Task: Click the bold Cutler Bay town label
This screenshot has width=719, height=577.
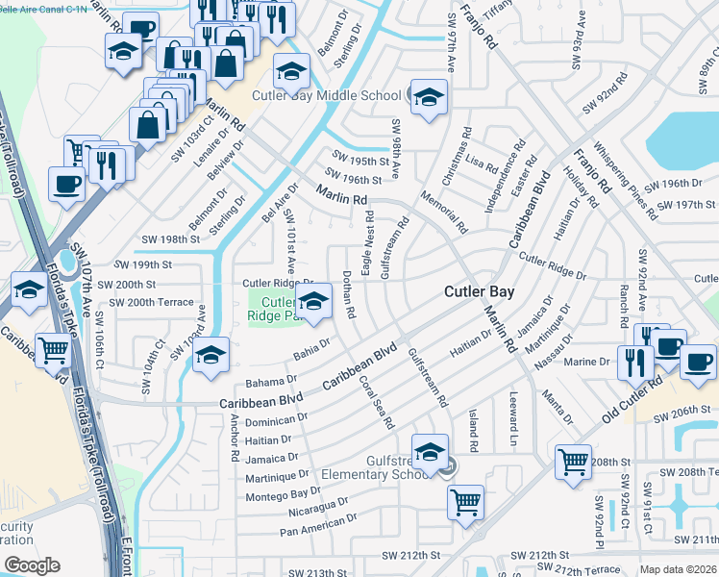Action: pyautogui.click(x=479, y=291)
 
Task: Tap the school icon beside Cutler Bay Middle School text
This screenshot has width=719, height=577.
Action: pyautogui.click(x=429, y=96)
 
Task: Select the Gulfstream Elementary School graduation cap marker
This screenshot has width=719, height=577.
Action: pyautogui.click(x=430, y=451)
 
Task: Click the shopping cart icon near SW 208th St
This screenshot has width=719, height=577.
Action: pyautogui.click(x=574, y=462)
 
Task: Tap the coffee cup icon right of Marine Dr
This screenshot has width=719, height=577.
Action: pyautogui.click(x=698, y=362)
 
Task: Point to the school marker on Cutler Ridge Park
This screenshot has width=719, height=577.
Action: pyautogui.click(x=314, y=301)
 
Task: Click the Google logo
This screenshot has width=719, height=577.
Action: pyautogui.click(x=32, y=564)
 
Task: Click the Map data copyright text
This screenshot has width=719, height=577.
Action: pyautogui.click(x=678, y=569)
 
